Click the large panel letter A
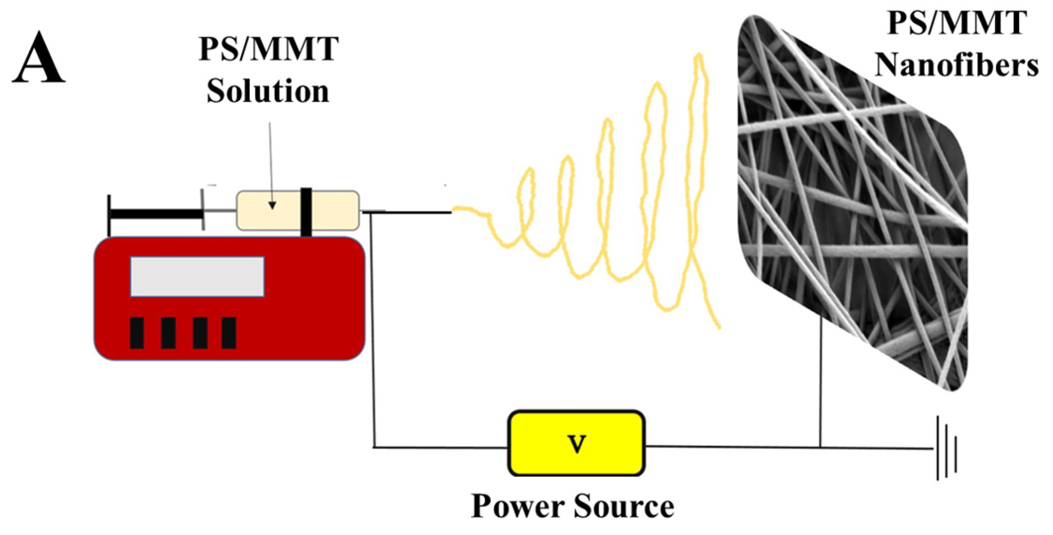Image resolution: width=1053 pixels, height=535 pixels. [x=38, y=59]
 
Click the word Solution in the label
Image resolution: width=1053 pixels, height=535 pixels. [x=268, y=91]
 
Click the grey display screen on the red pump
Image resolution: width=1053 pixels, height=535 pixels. [x=197, y=277]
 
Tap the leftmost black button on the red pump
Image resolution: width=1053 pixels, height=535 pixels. [x=136, y=333]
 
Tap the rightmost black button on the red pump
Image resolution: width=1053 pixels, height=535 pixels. [x=229, y=333]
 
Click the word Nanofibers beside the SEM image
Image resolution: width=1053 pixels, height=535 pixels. [x=956, y=65]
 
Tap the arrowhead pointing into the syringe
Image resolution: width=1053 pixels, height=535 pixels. [x=272, y=205]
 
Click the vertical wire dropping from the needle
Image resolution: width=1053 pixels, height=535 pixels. [x=373, y=328]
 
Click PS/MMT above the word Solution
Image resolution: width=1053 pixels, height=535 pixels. [x=268, y=50]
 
